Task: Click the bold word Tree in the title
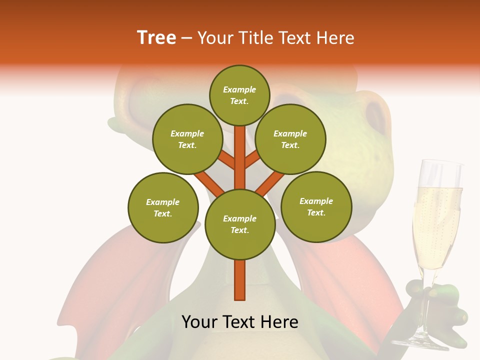click(x=156, y=37)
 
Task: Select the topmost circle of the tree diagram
click(x=239, y=95)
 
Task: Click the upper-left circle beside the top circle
click(x=187, y=139)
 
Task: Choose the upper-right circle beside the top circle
click(x=290, y=139)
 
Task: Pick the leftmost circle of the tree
click(x=163, y=207)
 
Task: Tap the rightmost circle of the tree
click(x=316, y=206)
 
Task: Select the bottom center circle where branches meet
click(x=240, y=224)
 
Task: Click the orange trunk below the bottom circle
click(x=240, y=280)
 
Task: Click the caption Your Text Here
click(x=239, y=322)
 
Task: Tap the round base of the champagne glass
click(x=422, y=342)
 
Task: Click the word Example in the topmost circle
click(x=239, y=89)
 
